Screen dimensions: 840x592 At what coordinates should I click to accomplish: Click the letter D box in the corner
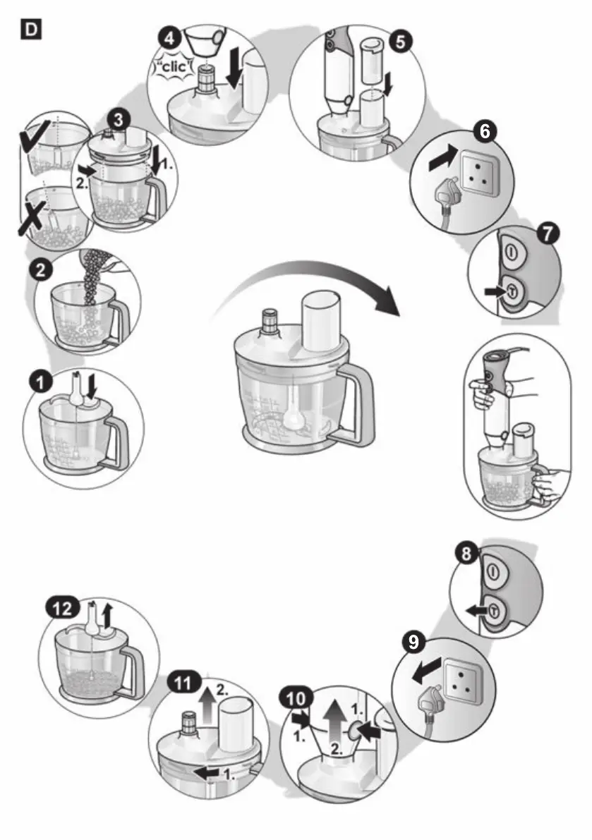coord(32,30)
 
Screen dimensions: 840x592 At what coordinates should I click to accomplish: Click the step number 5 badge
coord(399,40)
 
